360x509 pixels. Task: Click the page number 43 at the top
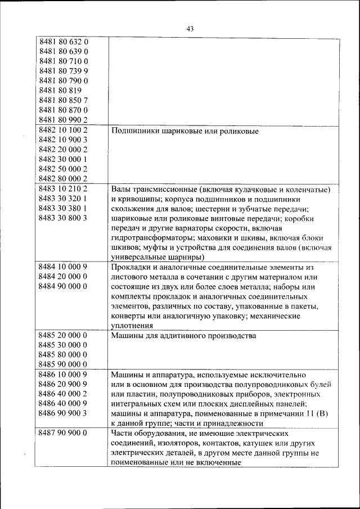point(189,29)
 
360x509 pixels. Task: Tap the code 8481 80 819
point(60,90)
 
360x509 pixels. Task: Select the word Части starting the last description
point(122,433)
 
